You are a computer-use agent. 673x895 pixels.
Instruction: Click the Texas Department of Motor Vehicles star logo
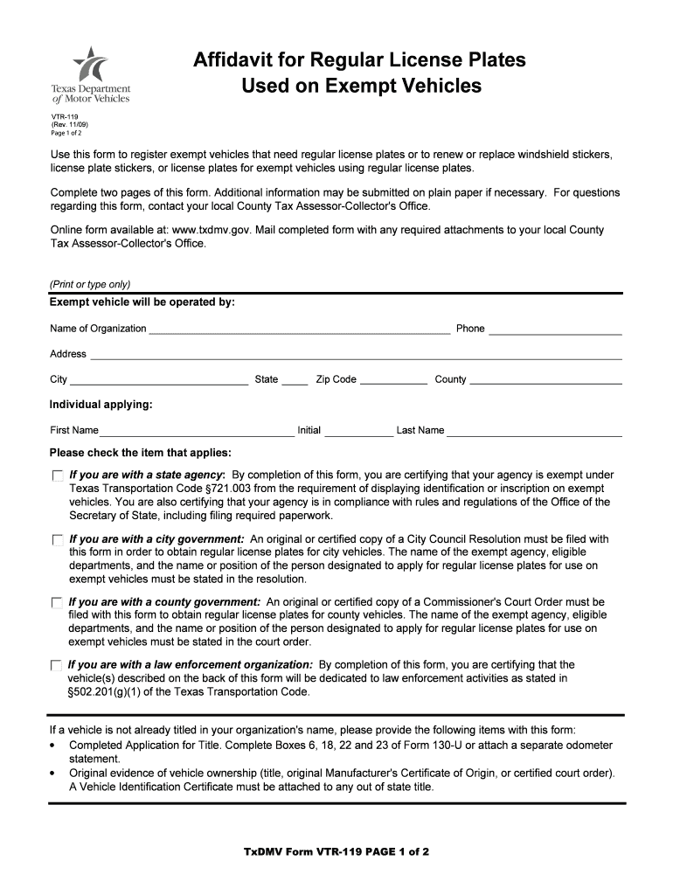tap(91, 64)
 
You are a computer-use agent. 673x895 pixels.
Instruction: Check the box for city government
tap(58, 540)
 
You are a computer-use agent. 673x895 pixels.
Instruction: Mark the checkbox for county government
tap(58, 603)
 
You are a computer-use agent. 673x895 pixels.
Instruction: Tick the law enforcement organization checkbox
tap(58, 666)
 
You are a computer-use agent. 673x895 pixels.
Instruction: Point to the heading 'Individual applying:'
tap(101, 405)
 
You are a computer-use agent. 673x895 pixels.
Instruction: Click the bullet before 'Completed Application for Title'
tap(53, 746)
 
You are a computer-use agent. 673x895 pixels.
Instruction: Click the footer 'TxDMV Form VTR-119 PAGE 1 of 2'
tap(336, 851)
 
